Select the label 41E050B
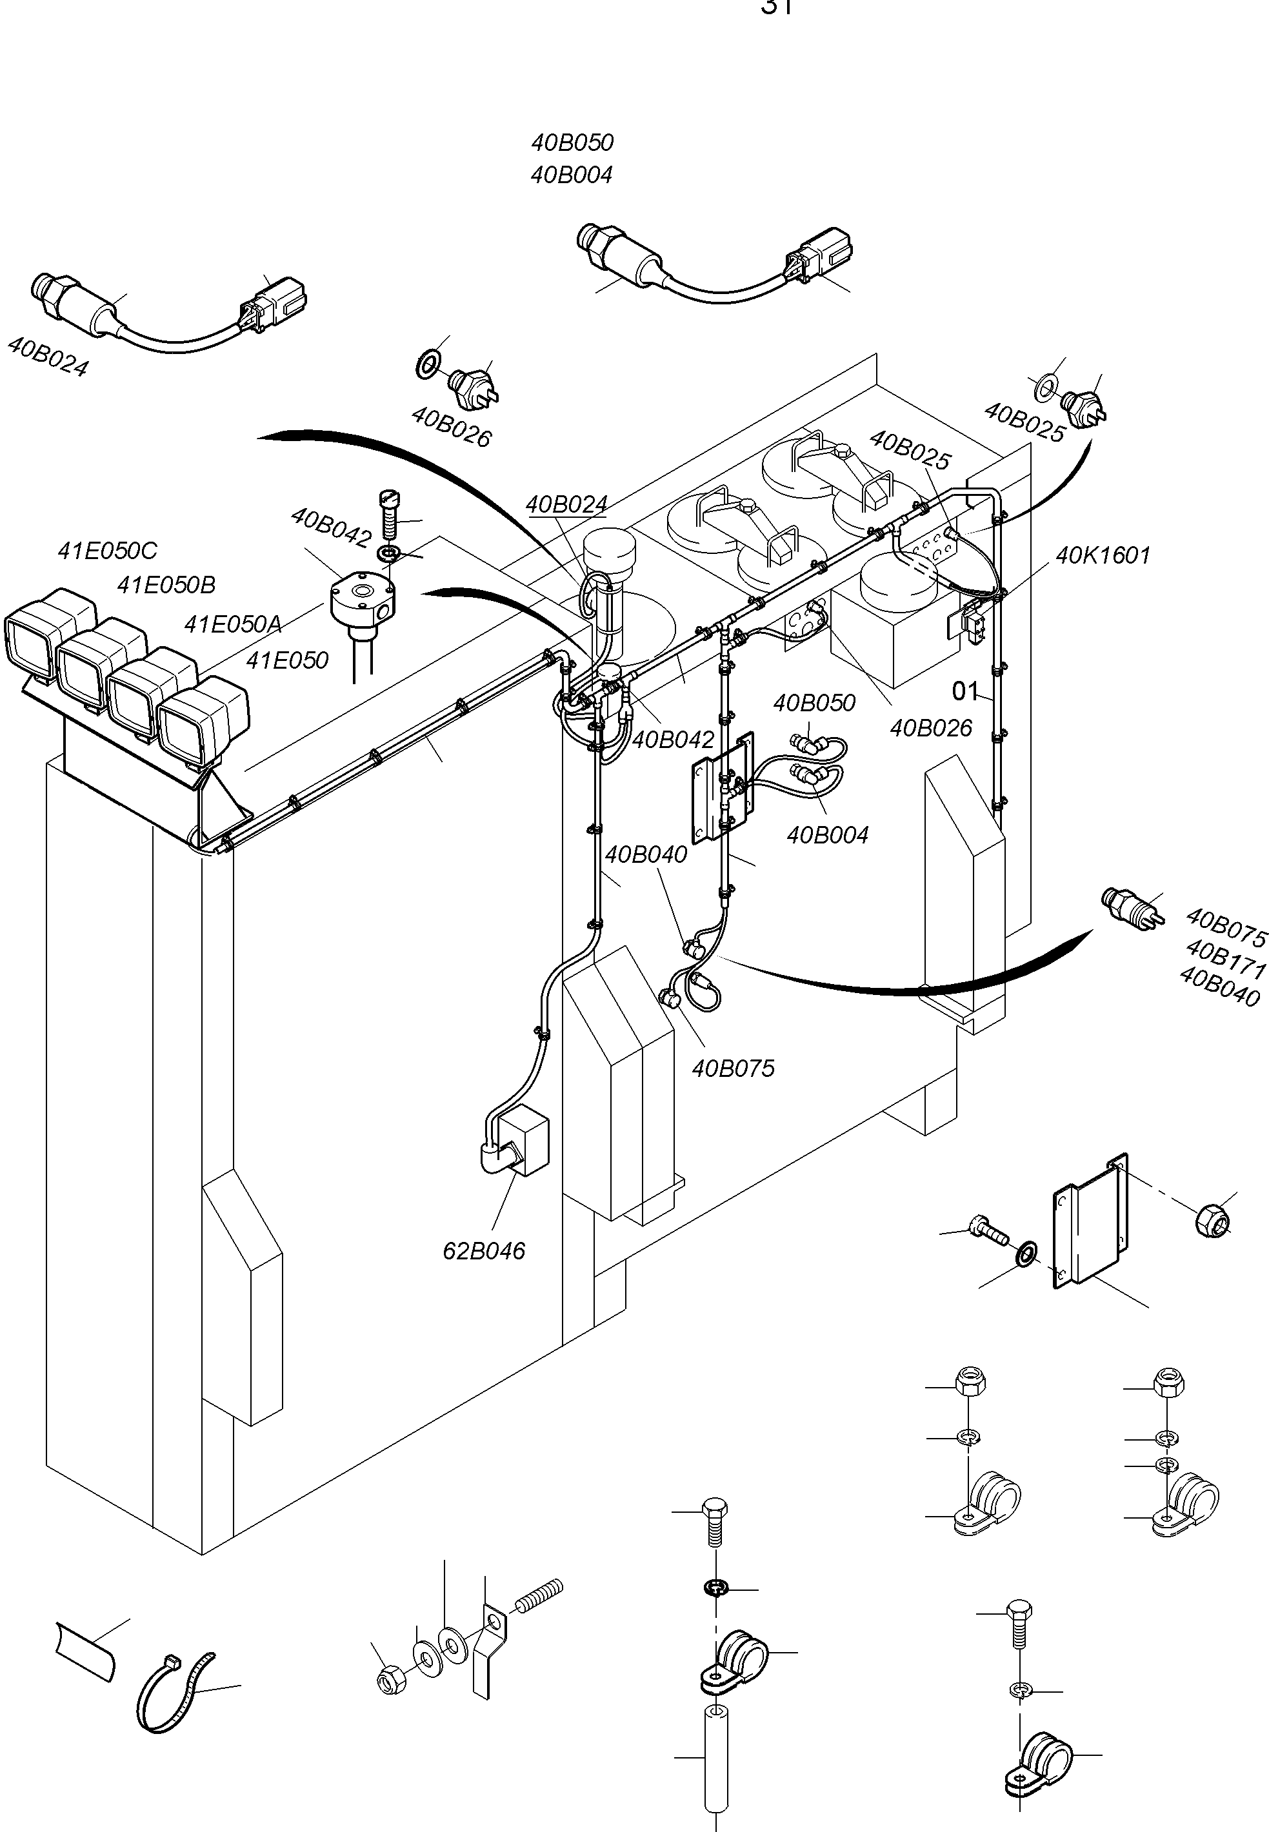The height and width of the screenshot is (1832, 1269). tap(166, 585)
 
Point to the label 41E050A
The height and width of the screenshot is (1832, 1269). tap(232, 624)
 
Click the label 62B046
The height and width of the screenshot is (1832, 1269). tap(483, 1251)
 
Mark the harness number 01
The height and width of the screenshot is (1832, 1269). tap(964, 691)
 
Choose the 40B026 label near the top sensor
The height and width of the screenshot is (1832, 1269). tap(451, 427)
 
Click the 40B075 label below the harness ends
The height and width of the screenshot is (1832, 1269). tap(732, 1069)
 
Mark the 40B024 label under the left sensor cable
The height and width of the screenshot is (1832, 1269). tap(48, 355)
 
